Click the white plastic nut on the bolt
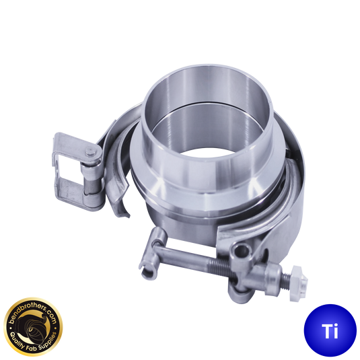click(x=298, y=283)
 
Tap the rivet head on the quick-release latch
click(x=90, y=151)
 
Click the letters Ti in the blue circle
click(x=330, y=331)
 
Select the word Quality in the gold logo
click(x=18, y=338)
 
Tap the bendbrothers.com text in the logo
click(x=32, y=313)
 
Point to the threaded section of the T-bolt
click(x=221, y=265)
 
